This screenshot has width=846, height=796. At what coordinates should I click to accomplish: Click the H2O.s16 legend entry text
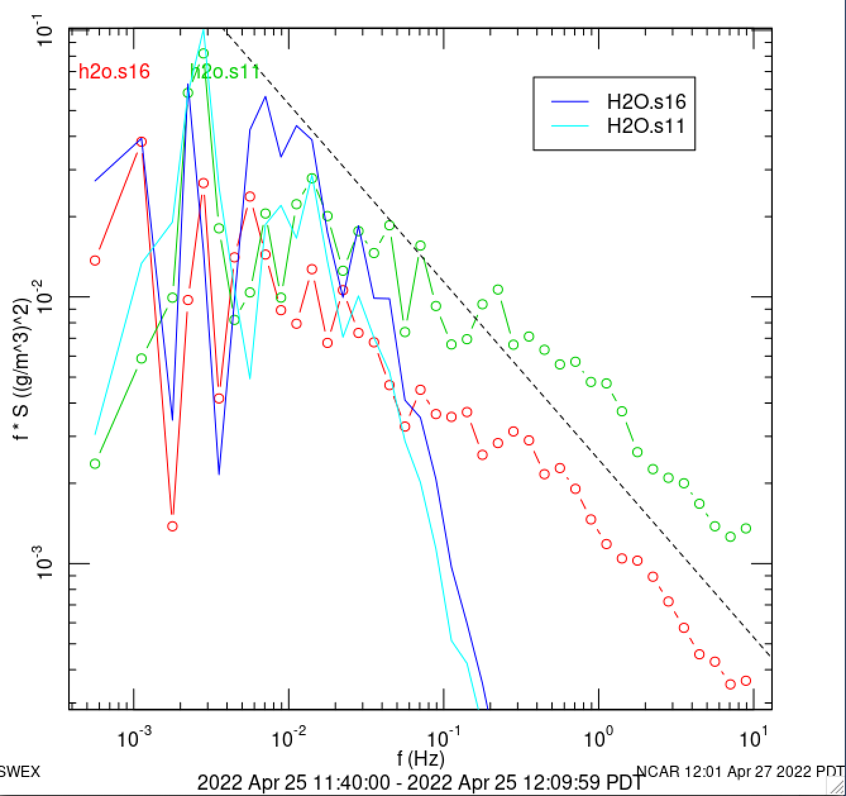tap(646, 101)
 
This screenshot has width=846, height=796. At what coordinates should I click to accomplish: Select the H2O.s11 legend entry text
tap(646, 125)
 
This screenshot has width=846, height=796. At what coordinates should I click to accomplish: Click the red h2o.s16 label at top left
tap(114, 72)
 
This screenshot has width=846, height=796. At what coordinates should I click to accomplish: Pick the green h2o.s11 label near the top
tap(225, 72)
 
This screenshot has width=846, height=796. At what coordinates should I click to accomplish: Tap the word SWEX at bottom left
tap(19, 772)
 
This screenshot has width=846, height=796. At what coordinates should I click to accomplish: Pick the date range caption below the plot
tap(420, 783)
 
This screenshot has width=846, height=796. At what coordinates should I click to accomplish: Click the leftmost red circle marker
tap(95, 260)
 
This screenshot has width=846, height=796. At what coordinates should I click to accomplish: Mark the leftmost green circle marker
tap(95, 464)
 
